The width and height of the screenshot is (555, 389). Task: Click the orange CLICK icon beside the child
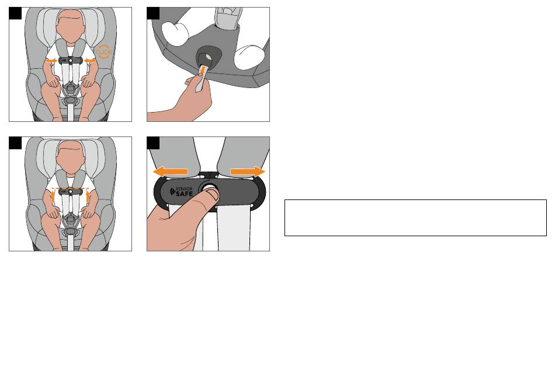(104, 52)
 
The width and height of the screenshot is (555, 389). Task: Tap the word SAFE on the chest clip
(184, 194)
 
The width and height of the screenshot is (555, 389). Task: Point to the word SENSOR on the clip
(185, 189)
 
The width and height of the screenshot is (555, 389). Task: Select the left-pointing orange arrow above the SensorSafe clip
(170, 171)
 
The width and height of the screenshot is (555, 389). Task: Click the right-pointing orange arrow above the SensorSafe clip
(248, 171)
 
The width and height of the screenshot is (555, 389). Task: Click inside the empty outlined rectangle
(415, 218)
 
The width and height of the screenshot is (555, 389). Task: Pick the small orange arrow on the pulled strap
(202, 71)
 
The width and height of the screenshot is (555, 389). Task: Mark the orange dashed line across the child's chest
(70, 189)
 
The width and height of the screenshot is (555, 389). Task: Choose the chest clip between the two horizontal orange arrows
(71, 61)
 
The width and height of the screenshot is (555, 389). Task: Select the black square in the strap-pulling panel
(153, 13)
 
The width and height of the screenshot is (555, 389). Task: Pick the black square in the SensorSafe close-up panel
(153, 143)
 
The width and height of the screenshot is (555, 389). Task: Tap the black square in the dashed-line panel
(15, 143)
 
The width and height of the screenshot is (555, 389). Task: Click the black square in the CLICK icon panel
(15, 13)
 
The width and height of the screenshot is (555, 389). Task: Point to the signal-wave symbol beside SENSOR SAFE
(173, 192)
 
